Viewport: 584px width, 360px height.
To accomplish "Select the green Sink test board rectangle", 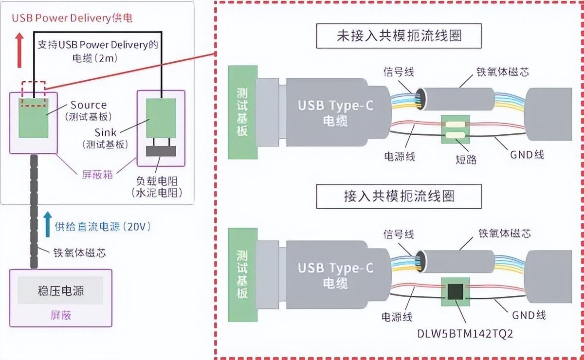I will pos(161,118).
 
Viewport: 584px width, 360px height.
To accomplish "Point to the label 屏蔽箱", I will pos(97,173).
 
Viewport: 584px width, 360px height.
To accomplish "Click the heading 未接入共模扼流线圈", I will pos(399,37).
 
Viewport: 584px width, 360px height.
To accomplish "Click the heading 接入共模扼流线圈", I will pos(399,196).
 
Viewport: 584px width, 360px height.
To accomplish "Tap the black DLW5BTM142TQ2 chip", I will pos(456,291).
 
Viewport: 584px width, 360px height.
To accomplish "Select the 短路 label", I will pos(466,159).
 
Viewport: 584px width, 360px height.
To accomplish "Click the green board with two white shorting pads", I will pos(455,129).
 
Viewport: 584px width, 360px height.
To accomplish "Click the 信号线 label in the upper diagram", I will pos(399,72).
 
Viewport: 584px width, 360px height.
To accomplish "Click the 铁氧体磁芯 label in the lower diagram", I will pos(504,234).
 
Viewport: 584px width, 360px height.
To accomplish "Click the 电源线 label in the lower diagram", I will pos(398,317).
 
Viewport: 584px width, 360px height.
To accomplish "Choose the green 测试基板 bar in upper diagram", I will pos(242,112).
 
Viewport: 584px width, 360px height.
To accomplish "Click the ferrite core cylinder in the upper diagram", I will pos(457,100).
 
